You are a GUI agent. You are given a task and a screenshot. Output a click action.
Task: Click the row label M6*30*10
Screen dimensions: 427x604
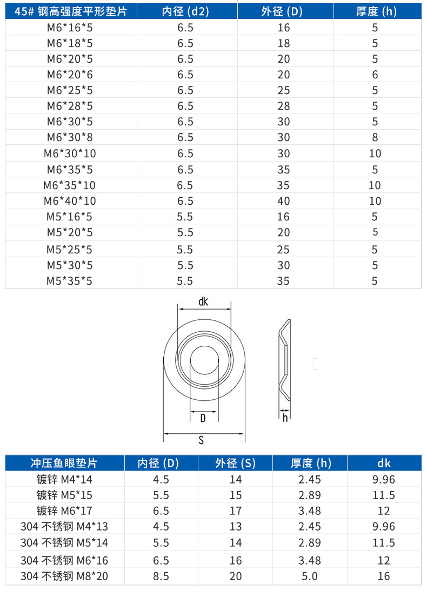pos(70,153)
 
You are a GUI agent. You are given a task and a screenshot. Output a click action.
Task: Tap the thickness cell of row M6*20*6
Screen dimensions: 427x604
pos(375,75)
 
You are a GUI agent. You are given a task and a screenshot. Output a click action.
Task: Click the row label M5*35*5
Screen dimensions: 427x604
pos(69,281)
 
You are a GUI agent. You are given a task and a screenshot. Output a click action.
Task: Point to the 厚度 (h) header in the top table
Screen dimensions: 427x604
pos(376,11)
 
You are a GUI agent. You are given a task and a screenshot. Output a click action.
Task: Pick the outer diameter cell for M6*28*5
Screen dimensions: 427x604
pos(284,106)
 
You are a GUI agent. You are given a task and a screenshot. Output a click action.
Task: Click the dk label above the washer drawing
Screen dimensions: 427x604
pos(203,301)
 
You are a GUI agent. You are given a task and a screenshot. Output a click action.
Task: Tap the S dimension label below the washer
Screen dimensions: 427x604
pos(201,440)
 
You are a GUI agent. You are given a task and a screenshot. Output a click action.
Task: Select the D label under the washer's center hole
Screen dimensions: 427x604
pos(203,418)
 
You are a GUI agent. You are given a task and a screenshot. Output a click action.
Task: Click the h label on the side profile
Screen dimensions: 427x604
pos(285,418)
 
